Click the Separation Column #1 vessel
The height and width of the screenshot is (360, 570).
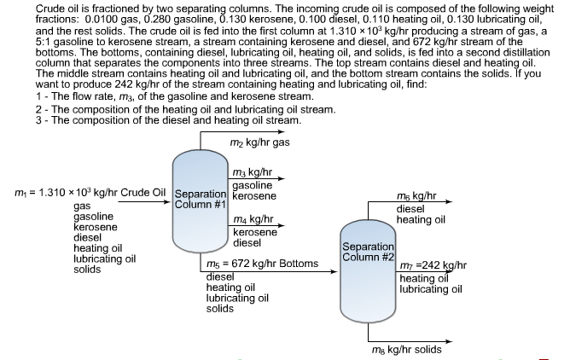point(201,201)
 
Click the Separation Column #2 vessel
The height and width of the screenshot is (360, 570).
point(368,271)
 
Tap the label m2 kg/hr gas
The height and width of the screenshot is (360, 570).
point(260,142)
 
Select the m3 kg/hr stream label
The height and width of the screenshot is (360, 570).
point(253,171)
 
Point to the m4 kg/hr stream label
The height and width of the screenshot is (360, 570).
point(253,219)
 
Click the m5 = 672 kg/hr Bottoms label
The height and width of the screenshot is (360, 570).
point(263,264)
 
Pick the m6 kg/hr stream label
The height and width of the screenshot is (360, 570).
point(416,196)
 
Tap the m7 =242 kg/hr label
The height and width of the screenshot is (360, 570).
point(433,265)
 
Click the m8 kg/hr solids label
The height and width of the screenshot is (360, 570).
point(407,350)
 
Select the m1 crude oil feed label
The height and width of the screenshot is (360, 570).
point(90,192)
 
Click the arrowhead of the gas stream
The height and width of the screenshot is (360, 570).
point(282,132)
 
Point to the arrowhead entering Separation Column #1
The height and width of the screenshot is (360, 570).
point(166,201)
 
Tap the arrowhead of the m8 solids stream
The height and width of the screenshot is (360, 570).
point(450,341)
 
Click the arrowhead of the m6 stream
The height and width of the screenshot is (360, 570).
point(450,201)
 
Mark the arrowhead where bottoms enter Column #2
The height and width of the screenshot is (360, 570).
point(334,271)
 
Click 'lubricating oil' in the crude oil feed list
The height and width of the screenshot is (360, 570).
point(105,258)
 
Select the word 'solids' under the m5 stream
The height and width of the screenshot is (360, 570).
point(220,309)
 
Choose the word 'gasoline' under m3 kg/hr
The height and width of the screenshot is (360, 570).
point(253,186)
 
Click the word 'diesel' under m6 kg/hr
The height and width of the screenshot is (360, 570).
point(410,209)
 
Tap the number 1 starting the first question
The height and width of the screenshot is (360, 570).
point(38,96)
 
